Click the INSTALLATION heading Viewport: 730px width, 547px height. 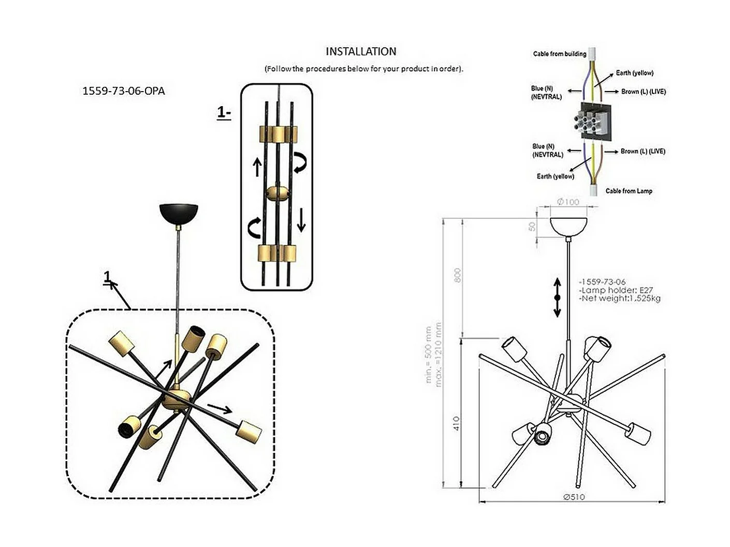pyautogui.click(x=361, y=51)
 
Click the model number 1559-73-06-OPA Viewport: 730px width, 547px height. pyautogui.click(x=124, y=91)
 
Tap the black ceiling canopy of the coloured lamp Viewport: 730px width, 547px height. pyautogui.click(x=179, y=212)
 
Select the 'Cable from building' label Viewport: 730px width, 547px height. pyautogui.click(x=560, y=54)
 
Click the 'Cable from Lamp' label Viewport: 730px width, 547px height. pyautogui.click(x=629, y=191)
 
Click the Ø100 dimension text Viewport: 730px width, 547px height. pyautogui.click(x=568, y=202)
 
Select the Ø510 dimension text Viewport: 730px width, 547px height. pyautogui.click(x=574, y=497)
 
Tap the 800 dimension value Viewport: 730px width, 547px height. pyautogui.click(x=457, y=275)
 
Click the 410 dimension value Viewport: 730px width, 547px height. pyautogui.click(x=456, y=424)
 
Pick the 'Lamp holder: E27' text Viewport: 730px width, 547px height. pyautogui.click(x=616, y=290)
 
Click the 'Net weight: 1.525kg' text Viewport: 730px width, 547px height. pyautogui.click(x=620, y=298)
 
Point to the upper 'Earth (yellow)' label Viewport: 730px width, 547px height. pyautogui.click(x=634, y=73)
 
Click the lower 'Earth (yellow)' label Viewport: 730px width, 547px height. pyautogui.click(x=556, y=176)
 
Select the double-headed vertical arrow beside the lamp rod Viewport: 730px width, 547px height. pyautogui.click(x=557, y=298)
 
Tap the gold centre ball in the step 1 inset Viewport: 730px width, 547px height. pyautogui.click(x=278, y=194)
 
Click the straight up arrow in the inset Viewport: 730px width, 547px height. pyautogui.click(x=257, y=167)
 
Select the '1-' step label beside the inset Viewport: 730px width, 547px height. pyautogui.click(x=224, y=113)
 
